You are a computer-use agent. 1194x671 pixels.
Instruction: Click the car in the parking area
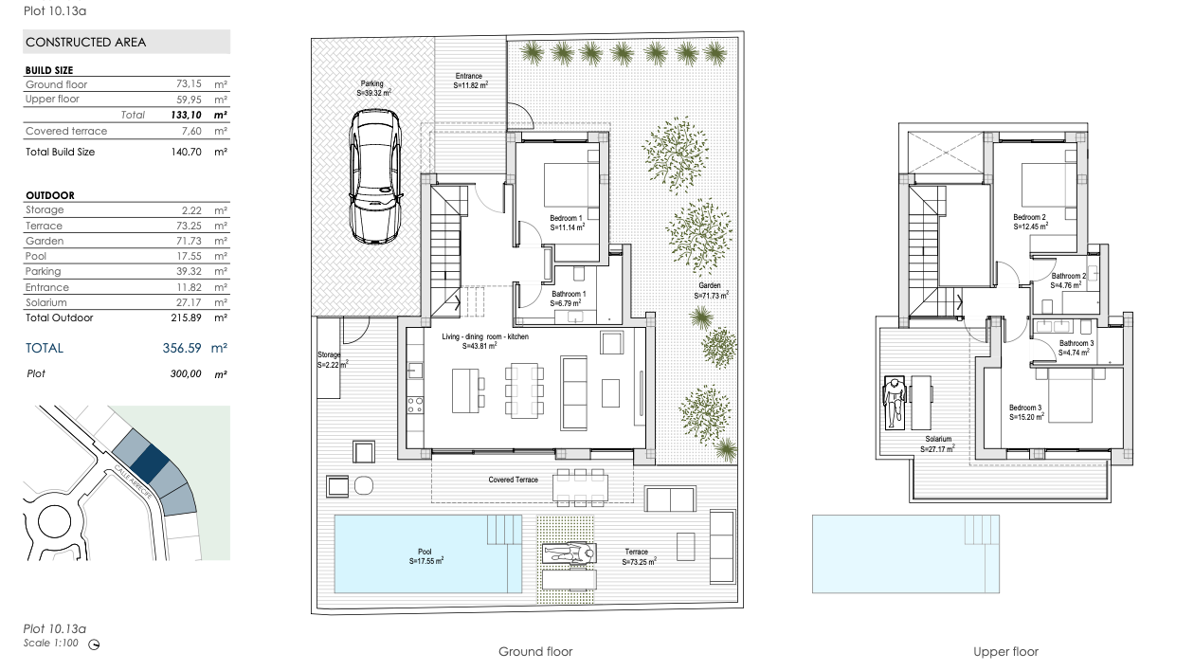coord(374,176)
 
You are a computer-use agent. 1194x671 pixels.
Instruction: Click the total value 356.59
coord(182,348)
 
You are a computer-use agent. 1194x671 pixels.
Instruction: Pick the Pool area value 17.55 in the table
coord(190,256)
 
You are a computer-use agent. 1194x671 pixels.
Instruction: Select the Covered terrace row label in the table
coord(66,131)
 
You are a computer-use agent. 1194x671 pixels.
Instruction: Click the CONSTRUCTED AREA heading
coord(86,42)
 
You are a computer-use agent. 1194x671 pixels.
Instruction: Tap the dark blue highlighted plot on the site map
coord(150,463)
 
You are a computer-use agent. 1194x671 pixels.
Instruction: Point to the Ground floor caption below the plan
coord(535,652)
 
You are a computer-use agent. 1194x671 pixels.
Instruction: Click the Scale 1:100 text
coord(50,644)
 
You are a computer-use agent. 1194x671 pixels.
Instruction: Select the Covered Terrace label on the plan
coord(514,480)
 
